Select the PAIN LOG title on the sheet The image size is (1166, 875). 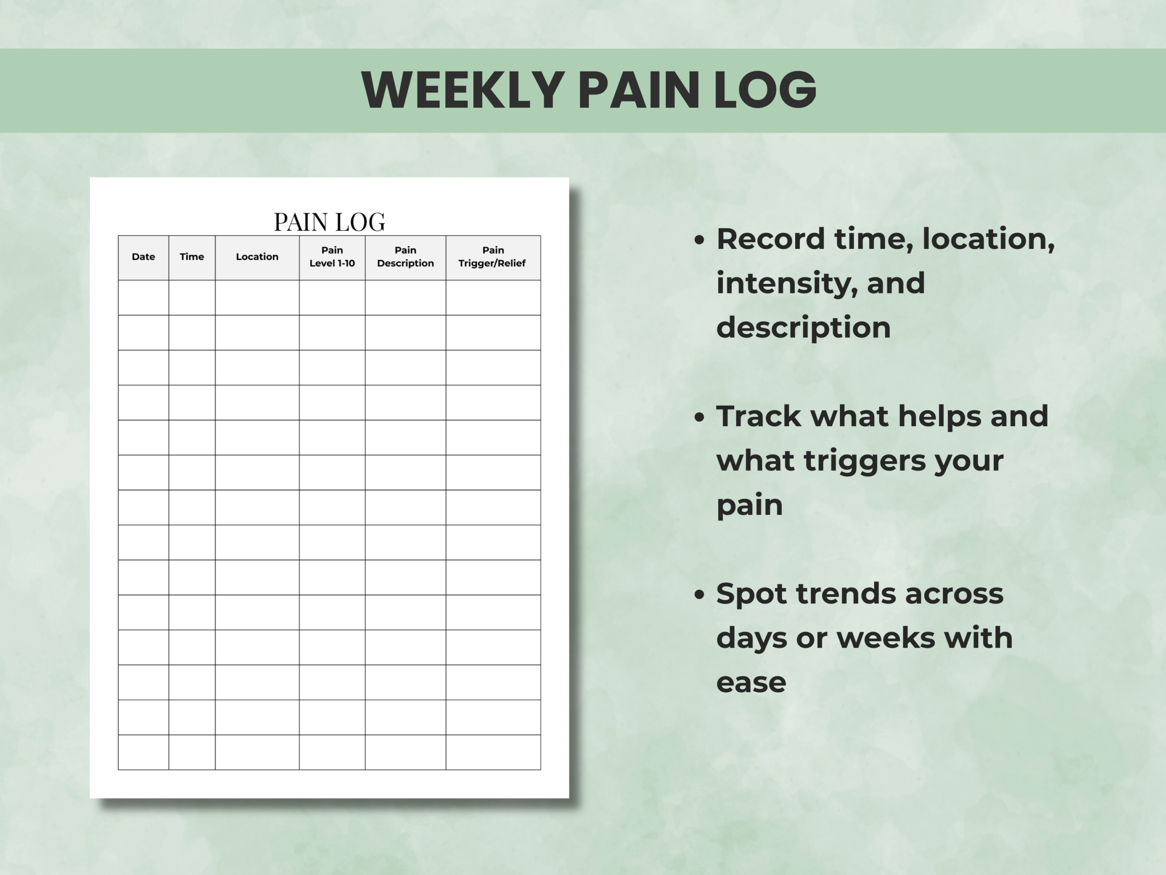point(329,222)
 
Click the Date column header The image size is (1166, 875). point(143,257)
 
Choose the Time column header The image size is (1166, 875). point(192,257)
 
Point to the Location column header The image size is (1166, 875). point(257,257)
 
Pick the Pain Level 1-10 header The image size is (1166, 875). point(332,257)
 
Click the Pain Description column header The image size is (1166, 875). point(405,257)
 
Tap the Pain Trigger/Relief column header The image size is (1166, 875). point(492,257)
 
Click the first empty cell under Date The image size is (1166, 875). point(143,298)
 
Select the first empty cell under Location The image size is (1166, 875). point(257,298)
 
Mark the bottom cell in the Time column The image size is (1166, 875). point(192,752)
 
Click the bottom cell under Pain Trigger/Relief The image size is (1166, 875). point(493,752)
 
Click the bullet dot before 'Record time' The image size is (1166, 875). point(700,241)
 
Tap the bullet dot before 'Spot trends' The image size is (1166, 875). point(700,595)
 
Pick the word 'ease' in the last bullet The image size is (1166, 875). point(751,683)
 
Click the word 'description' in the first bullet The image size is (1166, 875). point(803,328)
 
